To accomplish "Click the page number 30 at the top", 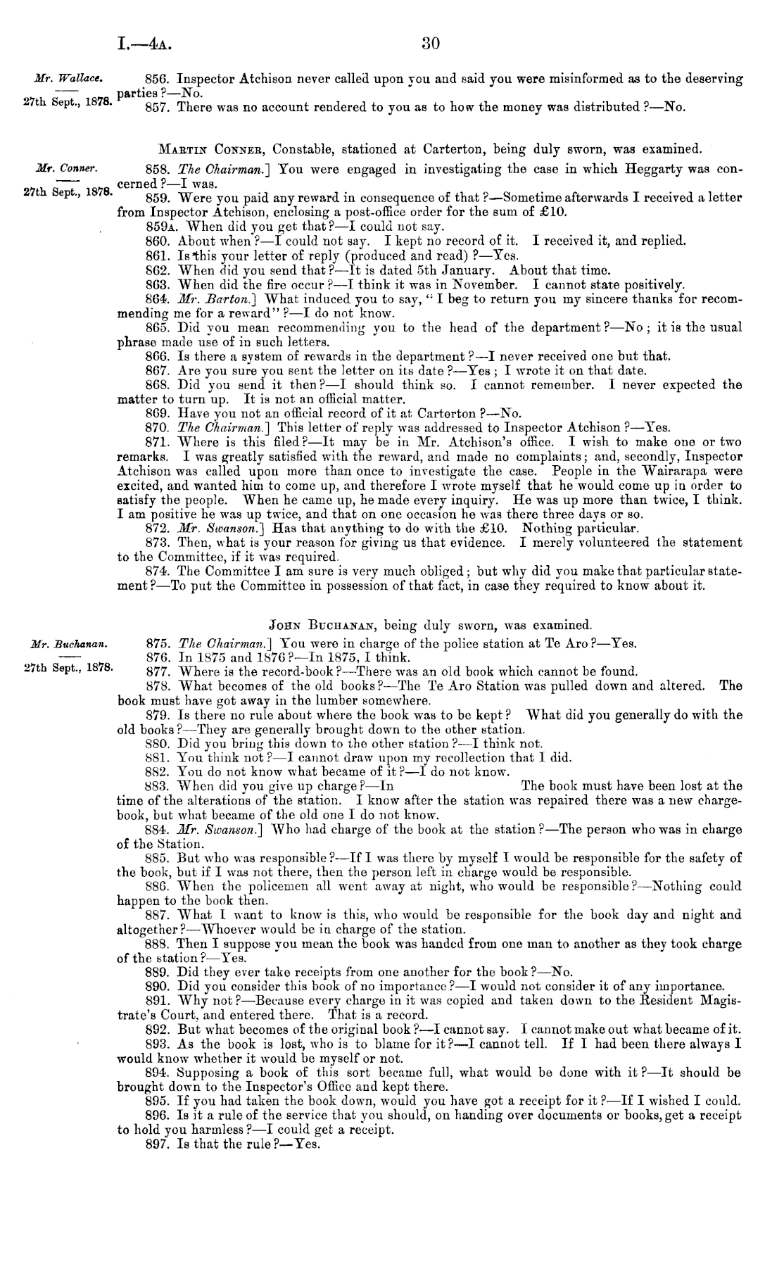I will point(430,44).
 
